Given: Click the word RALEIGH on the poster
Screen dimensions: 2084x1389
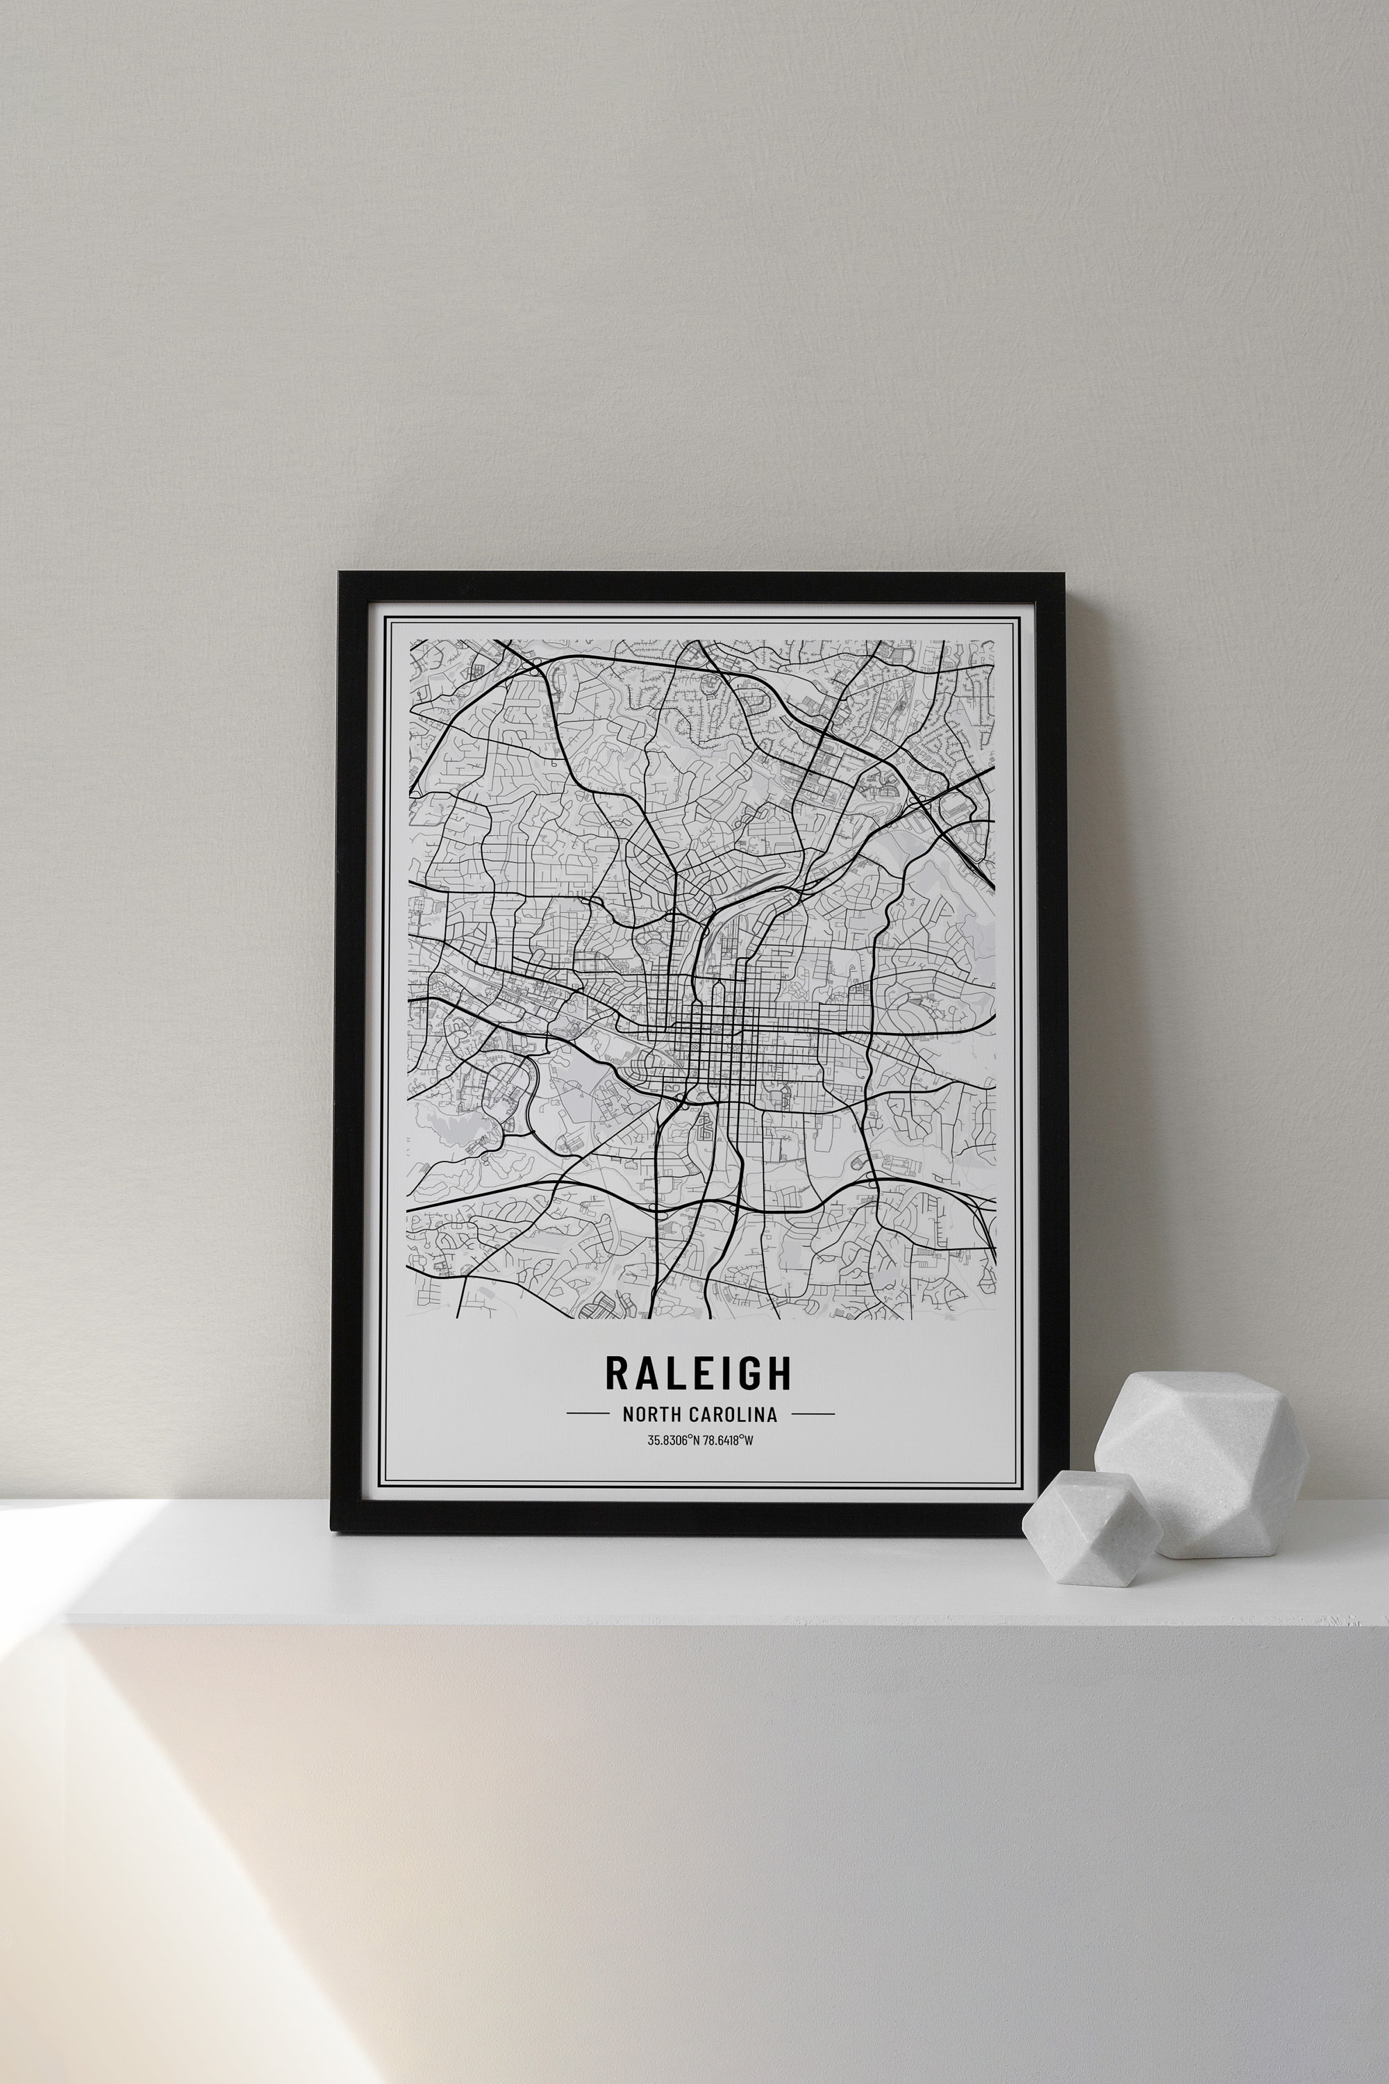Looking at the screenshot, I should tap(698, 1373).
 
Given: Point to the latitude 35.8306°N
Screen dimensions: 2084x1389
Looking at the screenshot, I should tap(673, 1440).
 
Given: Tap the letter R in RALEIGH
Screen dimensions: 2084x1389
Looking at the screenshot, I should tap(617, 1373).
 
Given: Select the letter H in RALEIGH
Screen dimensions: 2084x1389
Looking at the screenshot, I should tap(779, 1373).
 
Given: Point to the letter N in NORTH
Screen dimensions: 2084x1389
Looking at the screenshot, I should tap(628, 1415).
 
